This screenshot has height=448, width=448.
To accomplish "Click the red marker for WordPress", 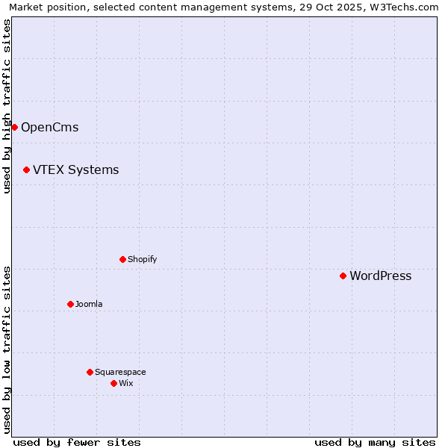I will click(x=343, y=276).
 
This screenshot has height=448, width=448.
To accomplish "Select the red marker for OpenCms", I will click(x=14, y=127).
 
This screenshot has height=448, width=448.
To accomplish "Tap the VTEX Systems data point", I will click(x=26, y=169).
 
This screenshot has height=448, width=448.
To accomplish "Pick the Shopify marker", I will click(x=122, y=259).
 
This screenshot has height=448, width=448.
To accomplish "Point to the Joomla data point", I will click(x=70, y=304).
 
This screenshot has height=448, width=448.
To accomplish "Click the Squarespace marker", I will click(x=90, y=372).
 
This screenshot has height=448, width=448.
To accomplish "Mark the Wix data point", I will click(x=113, y=383).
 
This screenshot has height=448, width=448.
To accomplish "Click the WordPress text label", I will click(x=380, y=276).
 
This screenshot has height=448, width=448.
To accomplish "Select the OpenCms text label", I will click(x=49, y=127).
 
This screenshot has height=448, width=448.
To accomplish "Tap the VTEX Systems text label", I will click(x=75, y=169).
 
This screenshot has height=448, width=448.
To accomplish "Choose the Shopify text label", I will click(x=142, y=259).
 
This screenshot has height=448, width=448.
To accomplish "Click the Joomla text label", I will click(x=89, y=304).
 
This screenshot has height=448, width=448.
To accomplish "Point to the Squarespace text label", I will click(x=120, y=372).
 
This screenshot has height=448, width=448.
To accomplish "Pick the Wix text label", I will click(x=125, y=383).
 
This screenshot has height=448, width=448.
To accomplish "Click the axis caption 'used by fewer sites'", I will click(x=77, y=442).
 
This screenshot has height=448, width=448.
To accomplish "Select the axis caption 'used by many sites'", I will click(x=375, y=442).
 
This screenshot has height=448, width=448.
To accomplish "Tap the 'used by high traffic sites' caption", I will click(x=7, y=106).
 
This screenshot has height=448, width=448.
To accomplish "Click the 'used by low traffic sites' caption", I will click(x=7, y=349).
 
